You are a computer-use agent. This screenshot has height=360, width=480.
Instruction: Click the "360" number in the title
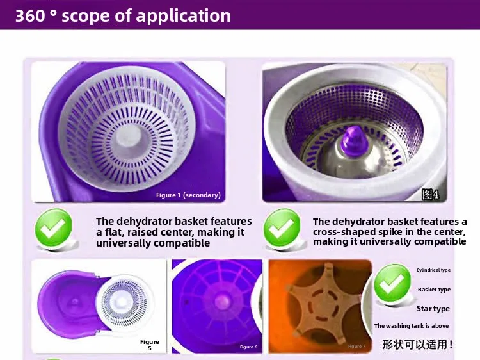(30, 15)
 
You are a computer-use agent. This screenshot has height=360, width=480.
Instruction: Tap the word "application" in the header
(183, 17)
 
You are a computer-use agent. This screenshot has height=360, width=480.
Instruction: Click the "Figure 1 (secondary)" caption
(188, 195)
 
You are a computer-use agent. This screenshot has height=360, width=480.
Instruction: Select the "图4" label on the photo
(430, 194)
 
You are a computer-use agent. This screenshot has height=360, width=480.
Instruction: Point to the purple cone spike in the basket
(354, 141)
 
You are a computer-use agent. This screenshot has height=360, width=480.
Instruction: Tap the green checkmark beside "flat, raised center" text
(54, 227)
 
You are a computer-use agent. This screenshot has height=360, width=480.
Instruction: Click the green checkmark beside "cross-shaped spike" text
(282, 227)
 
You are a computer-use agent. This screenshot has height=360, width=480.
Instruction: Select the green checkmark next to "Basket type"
(393, 282)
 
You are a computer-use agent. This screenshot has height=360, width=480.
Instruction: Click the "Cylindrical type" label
(433, 270)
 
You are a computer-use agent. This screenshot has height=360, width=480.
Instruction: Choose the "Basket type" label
(434, 290)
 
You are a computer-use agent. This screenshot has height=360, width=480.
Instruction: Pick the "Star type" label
(433, 309)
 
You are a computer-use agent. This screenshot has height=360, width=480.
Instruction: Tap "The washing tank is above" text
(412, 326)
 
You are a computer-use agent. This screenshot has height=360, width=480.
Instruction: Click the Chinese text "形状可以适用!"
(417, 345)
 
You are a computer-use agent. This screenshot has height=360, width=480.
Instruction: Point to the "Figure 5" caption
(150, 345)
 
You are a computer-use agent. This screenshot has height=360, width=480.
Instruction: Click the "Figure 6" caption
(248, 347)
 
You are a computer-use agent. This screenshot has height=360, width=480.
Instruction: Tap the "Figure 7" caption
(356, 346)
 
